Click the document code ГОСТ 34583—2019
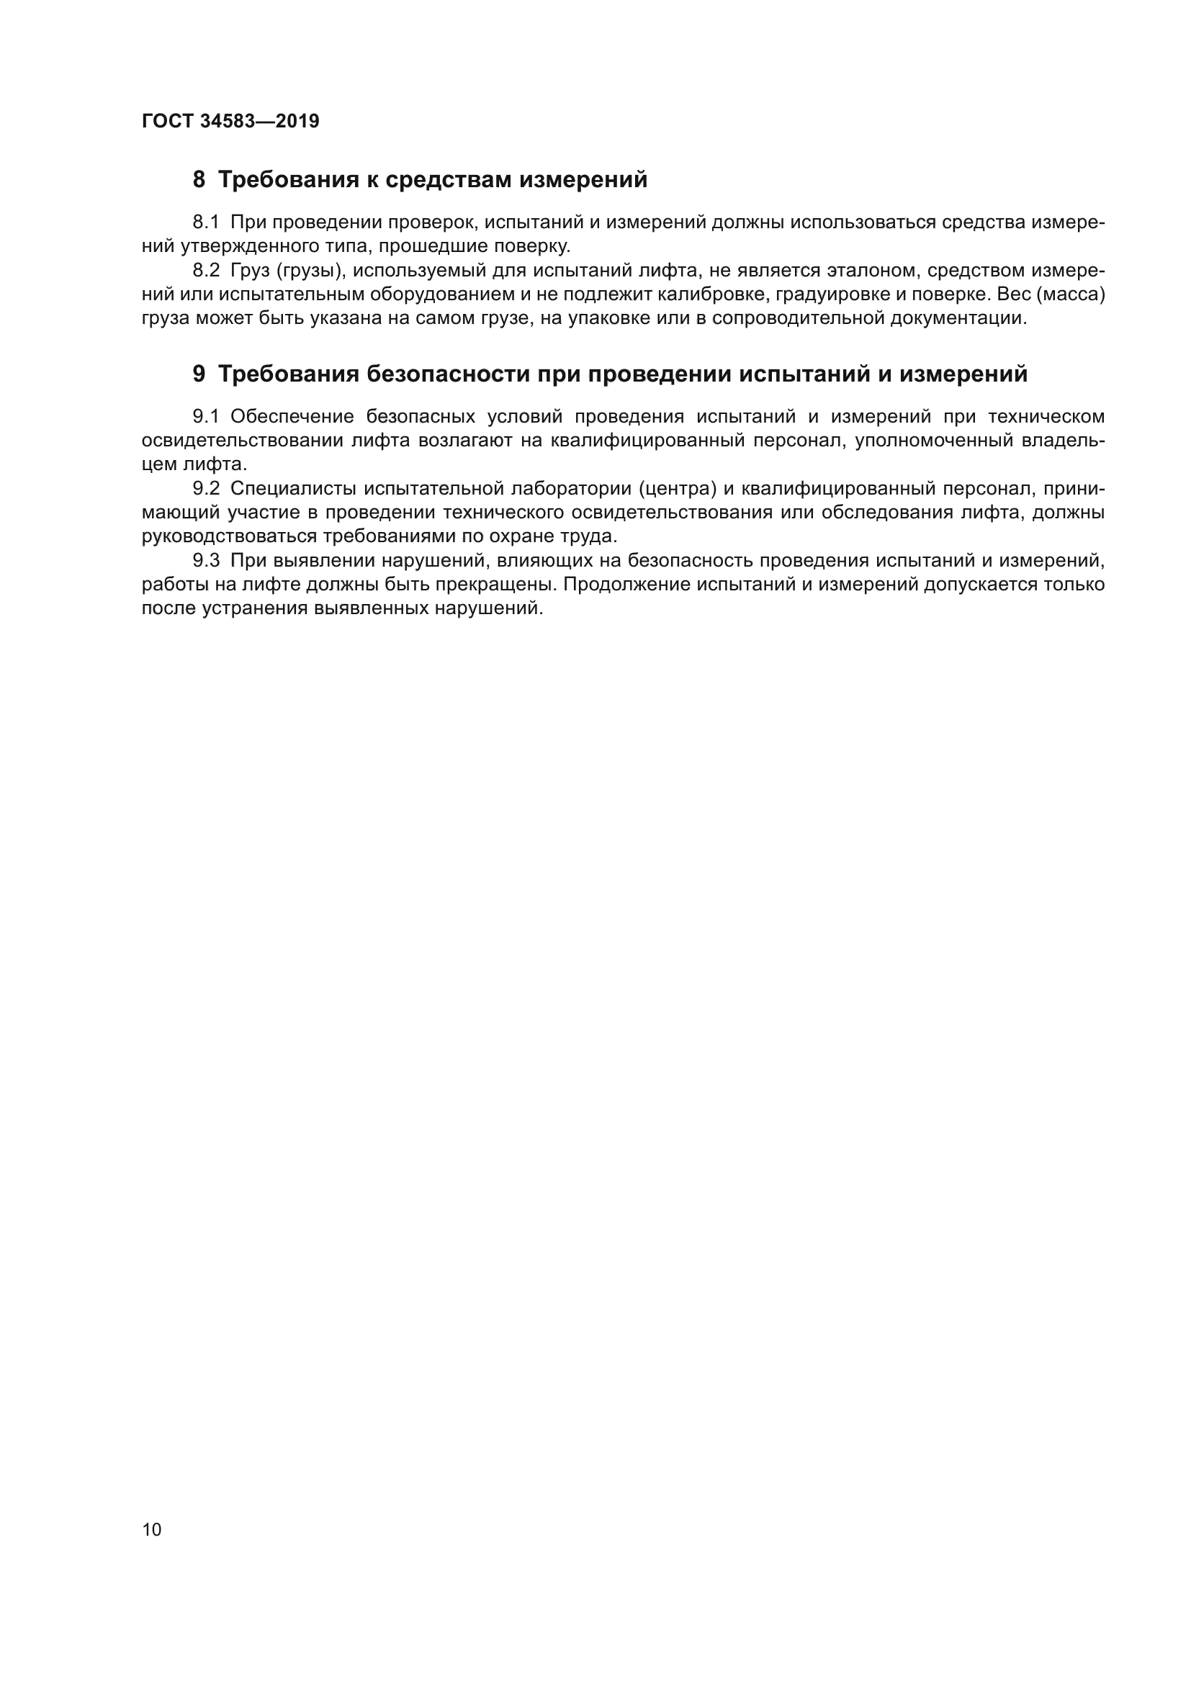(x=230, y=121)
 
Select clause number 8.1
(x=206, y=222)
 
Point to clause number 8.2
(x=206, y=271)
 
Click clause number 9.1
(x=206, y=418)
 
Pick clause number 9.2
(x=206, y=488)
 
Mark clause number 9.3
(x=206, y=561)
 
